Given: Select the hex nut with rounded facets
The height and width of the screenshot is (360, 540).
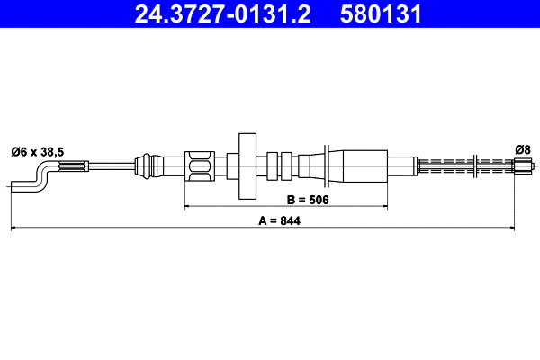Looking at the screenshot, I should (x=200, y=166).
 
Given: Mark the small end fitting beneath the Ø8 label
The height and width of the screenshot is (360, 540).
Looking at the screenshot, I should (x=522, y=166).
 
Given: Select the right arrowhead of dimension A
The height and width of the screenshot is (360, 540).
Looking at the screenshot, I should (x=535, y=229).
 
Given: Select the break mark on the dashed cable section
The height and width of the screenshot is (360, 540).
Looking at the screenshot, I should (x=474, y=166).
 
